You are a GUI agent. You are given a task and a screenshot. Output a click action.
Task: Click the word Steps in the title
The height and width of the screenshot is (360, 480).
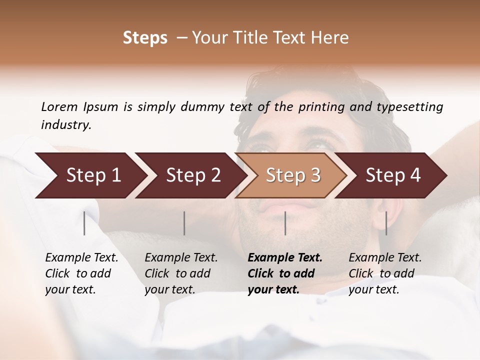(145, 37)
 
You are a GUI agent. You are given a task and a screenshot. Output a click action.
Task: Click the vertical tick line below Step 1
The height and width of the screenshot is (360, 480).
(84, 223)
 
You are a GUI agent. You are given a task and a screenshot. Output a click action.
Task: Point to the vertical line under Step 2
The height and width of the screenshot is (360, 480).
(184, 223)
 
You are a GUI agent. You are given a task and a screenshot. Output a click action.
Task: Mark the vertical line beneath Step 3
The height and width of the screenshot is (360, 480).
(285, 223)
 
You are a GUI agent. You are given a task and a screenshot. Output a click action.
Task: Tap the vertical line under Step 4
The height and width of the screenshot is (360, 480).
(386, 223)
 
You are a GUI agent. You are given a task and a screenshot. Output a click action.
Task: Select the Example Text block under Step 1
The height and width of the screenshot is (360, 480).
(81, 273)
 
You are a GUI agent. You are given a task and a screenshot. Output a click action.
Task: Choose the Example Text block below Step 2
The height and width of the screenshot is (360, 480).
(181, 273)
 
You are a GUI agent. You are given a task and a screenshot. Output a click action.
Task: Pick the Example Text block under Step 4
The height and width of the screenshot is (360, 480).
(385, 273)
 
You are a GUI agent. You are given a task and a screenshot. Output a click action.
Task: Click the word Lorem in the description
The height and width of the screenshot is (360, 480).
(59, 106)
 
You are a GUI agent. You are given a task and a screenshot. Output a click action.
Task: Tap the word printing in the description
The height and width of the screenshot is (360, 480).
(321, 106)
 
